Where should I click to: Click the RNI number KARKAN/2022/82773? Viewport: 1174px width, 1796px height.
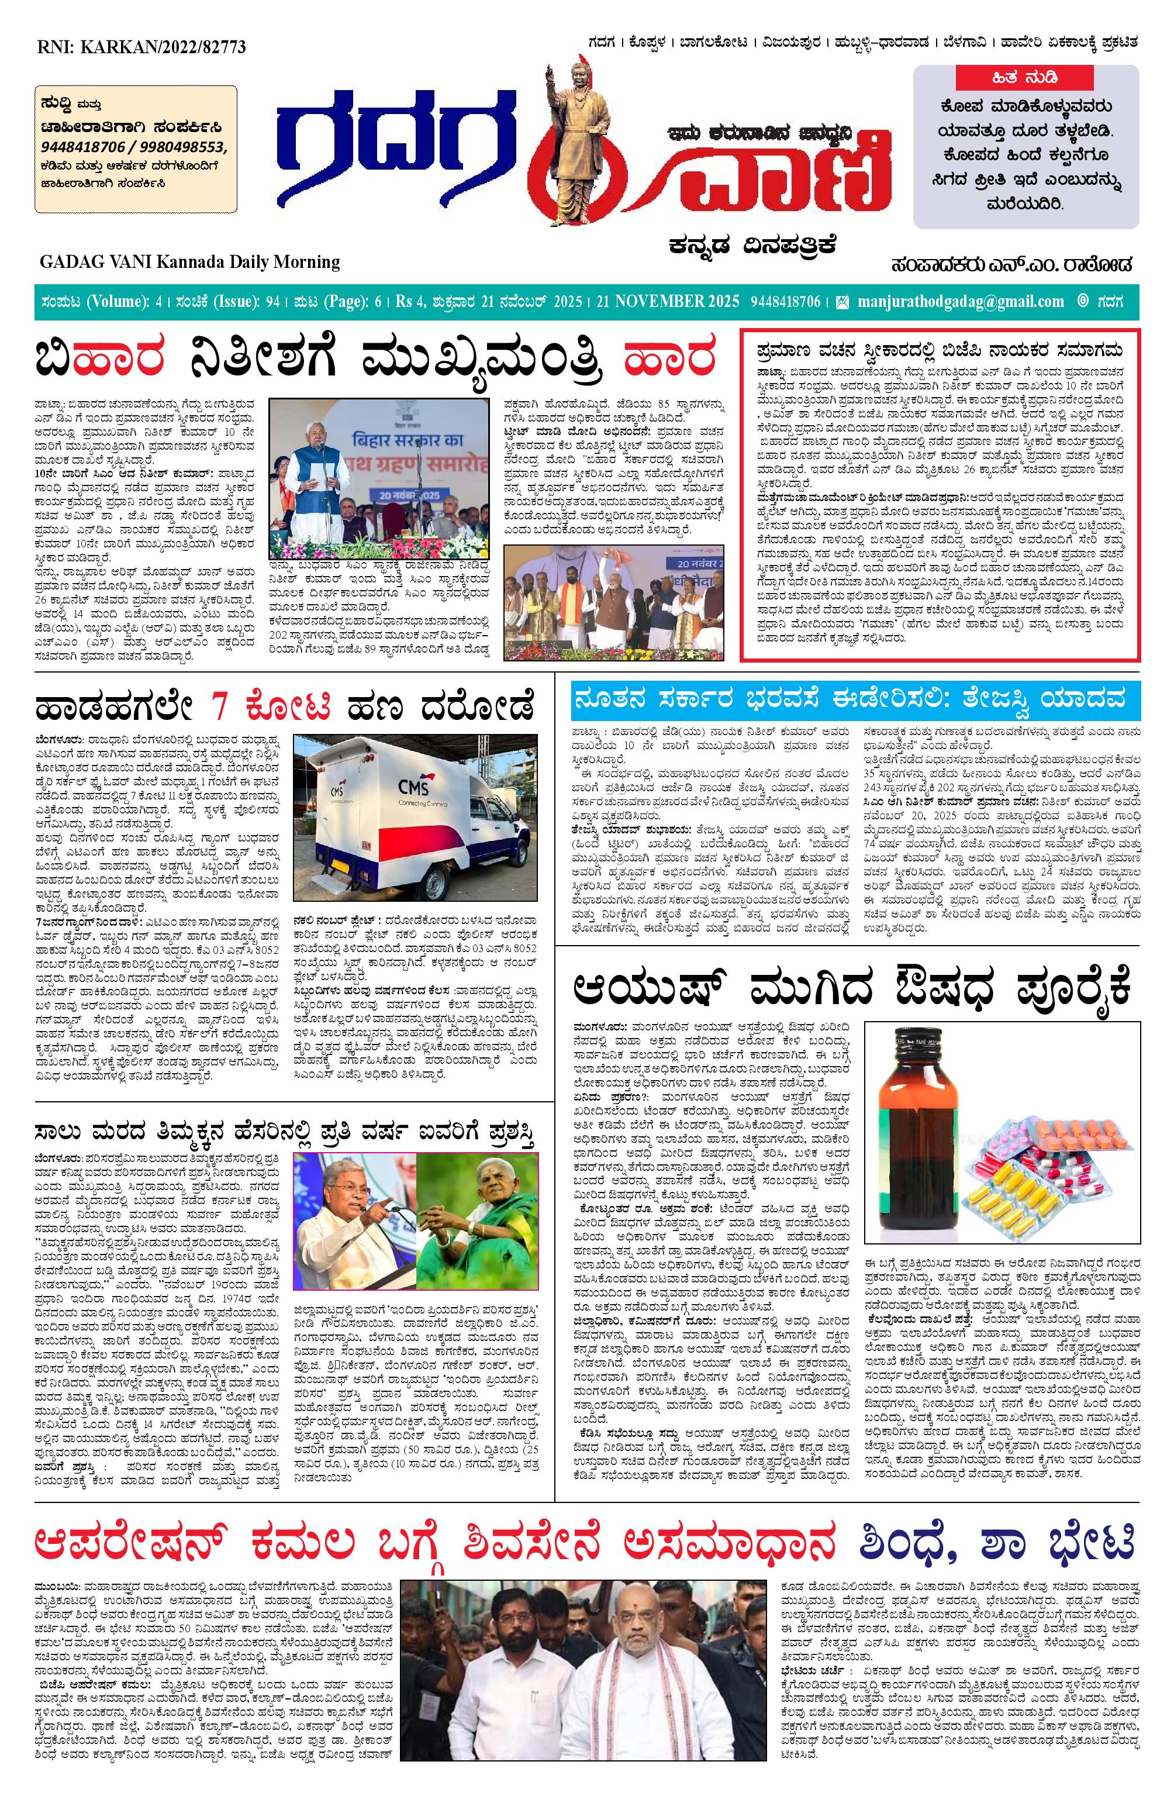coord(141,46)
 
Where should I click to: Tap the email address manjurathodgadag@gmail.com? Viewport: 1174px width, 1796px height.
coord(960,302)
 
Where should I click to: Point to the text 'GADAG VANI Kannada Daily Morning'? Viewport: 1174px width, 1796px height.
coord(190,262)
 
